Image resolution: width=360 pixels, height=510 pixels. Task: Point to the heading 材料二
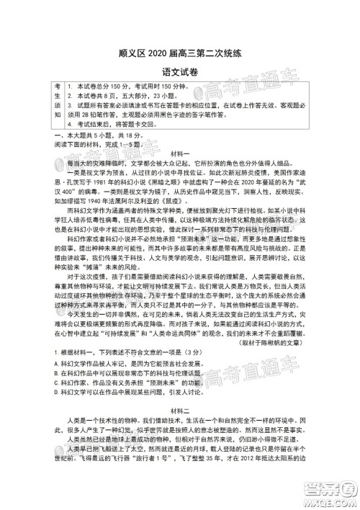pyautogui.click(x=180, y=427)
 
